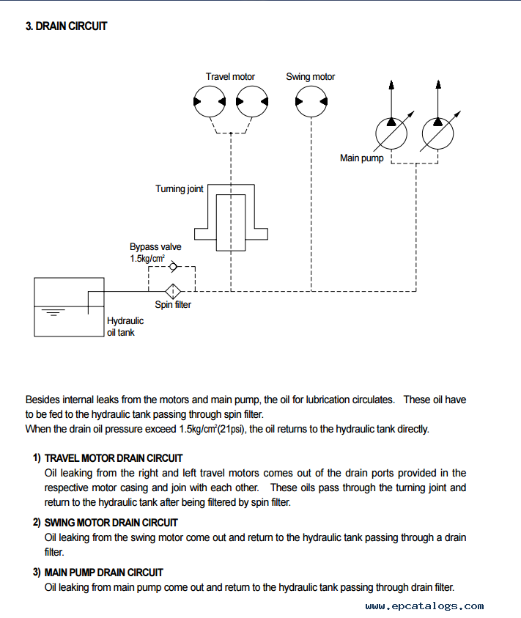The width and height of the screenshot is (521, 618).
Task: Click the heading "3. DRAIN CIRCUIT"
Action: tap(66, 26)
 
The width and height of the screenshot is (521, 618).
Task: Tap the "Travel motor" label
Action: tap(230, 76)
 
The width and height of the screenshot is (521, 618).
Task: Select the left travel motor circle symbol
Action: tap(210, 101)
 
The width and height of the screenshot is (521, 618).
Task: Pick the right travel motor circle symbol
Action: tap(252, 101)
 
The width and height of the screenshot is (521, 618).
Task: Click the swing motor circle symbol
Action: tap(311, 101)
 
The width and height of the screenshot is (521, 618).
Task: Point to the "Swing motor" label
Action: tap(311, 76)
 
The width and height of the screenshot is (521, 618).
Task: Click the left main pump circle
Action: tap(391, 133)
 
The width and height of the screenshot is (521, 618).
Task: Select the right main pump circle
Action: tap(437, 133)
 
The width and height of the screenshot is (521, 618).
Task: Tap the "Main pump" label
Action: tap(362, 158)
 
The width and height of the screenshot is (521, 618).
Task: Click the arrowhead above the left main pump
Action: tap(391, 84)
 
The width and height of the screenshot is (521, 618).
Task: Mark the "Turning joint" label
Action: tap(180, 189)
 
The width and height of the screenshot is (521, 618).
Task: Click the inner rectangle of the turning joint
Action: tap(231, 223)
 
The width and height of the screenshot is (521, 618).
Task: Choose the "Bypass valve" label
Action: tap(155, 247)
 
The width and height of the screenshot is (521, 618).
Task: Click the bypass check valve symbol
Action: tap(173, 267)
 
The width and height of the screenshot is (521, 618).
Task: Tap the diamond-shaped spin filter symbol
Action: tap(173, 291)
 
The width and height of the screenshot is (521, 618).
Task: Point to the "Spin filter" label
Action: tap(173, 305)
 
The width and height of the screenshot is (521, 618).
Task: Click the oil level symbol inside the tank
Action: tap(53, 312)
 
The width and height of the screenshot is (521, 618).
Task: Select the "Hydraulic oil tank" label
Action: tap(125, 327)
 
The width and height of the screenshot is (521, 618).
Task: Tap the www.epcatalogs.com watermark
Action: tap(424, 606)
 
